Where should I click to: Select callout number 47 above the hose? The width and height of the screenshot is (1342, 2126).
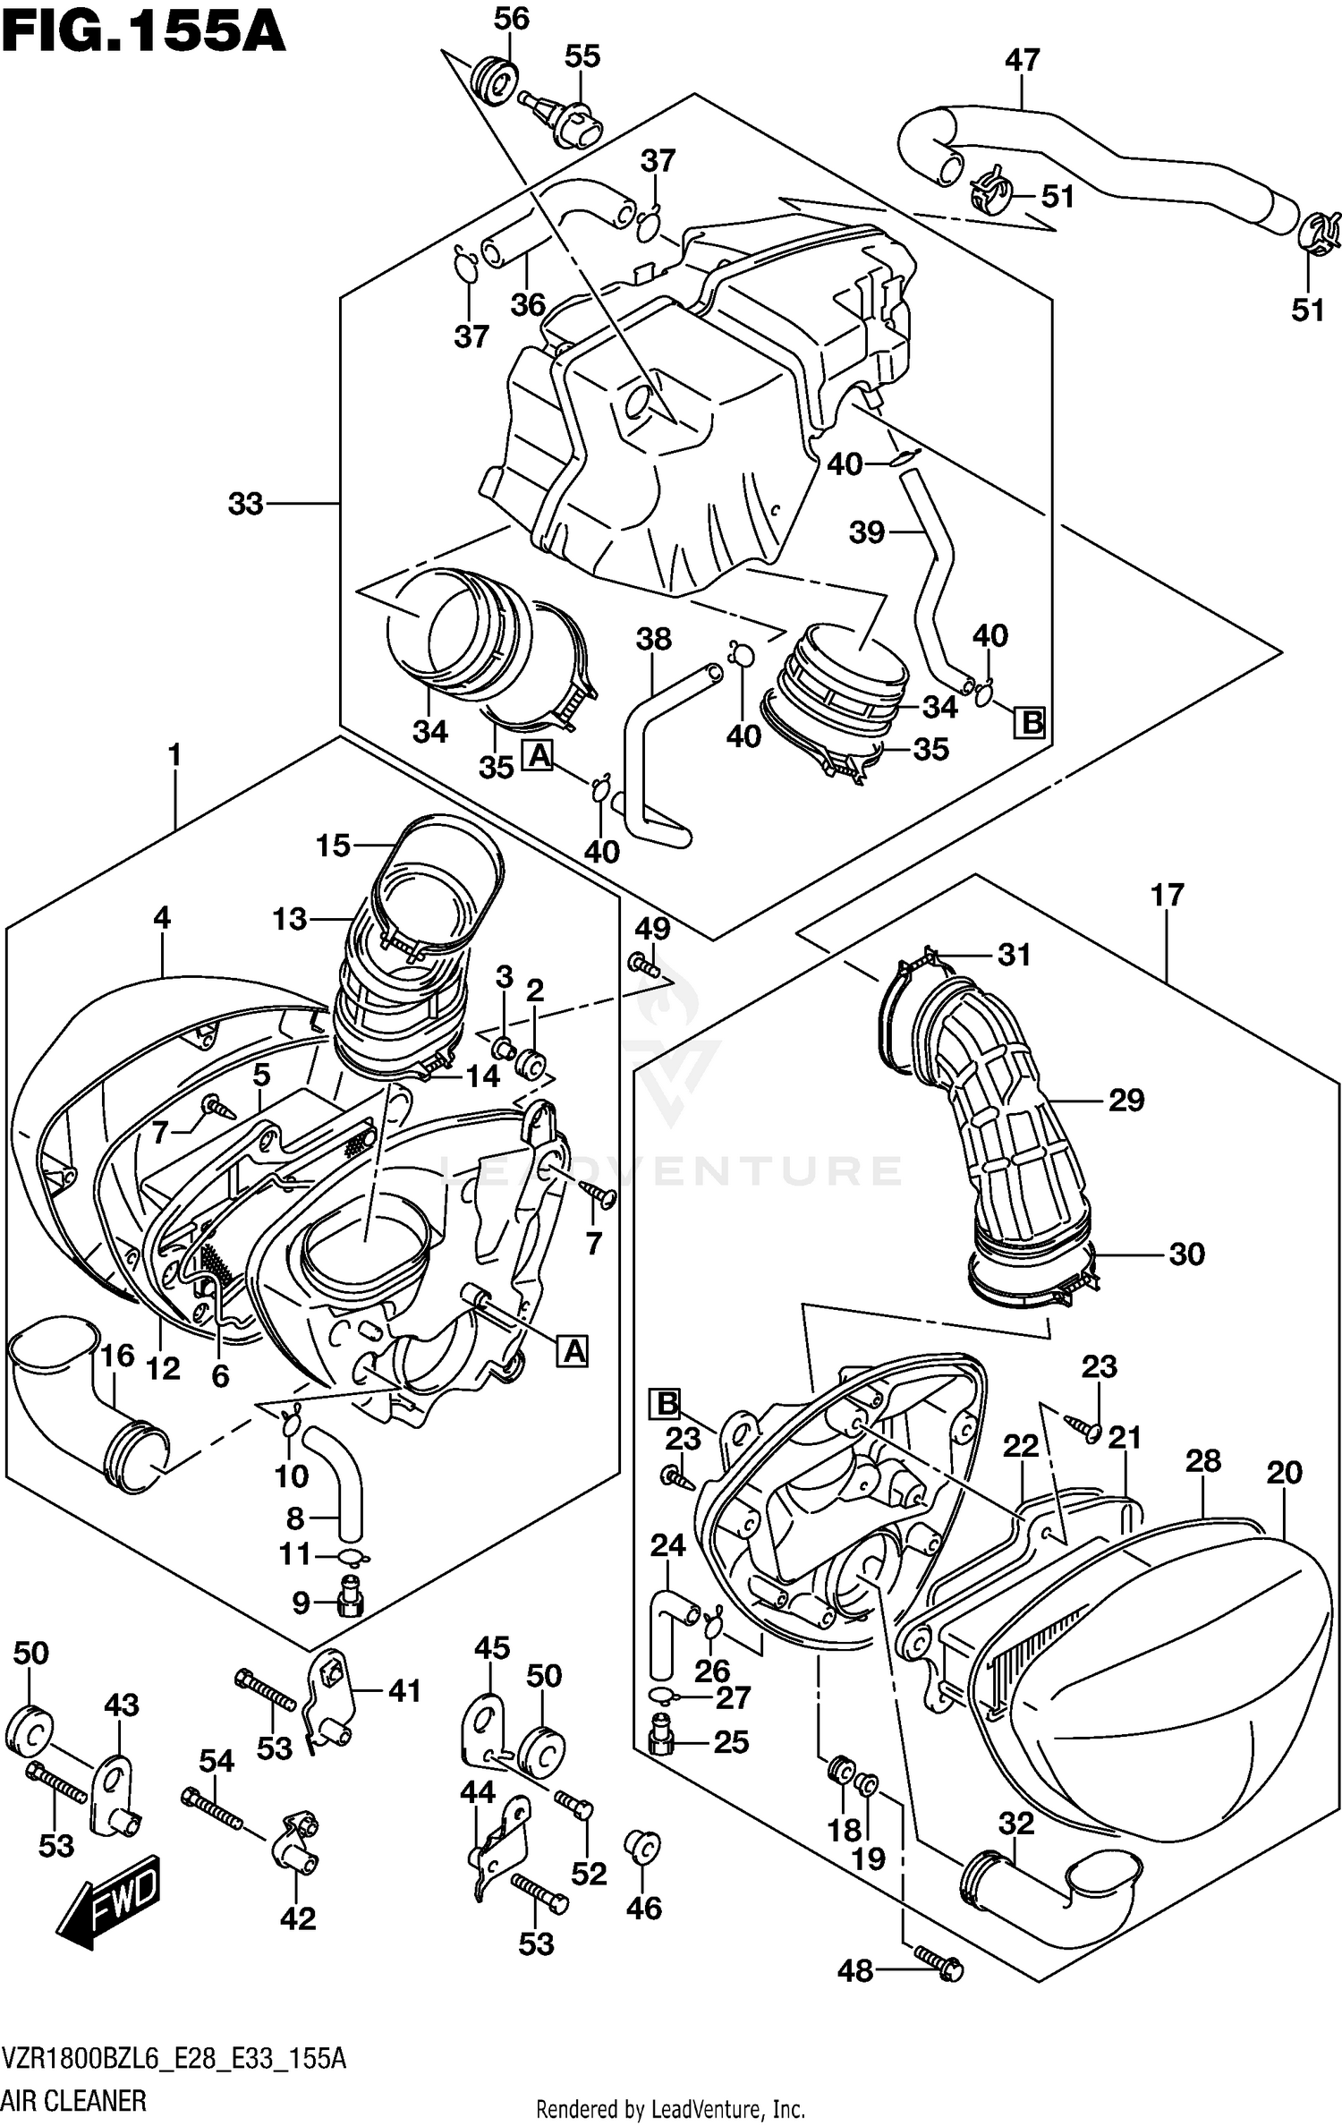[1022, 61]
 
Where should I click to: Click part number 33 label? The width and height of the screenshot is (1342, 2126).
[245, 504]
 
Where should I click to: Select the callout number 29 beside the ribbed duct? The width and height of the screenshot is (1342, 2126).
[1125, 1100]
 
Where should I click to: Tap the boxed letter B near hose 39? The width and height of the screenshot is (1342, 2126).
[1032, 722]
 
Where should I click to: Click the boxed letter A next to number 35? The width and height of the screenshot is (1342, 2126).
[539, 755]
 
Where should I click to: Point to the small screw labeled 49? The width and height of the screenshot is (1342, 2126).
[644, 965]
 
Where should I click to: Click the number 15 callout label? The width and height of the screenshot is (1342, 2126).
[333, 845]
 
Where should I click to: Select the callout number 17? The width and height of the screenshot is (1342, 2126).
[1168, 894]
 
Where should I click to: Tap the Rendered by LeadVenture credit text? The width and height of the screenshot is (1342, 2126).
[670, 2110]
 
